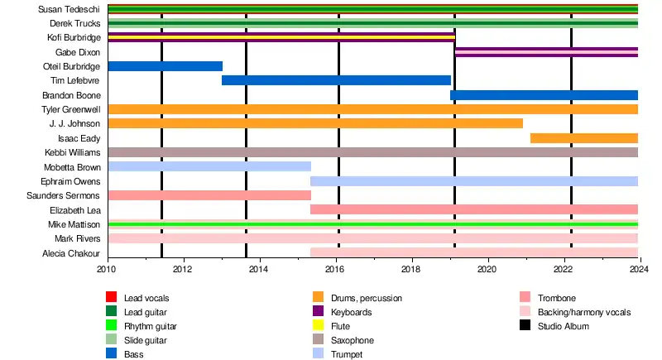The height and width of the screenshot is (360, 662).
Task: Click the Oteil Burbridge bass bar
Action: coord(165,66)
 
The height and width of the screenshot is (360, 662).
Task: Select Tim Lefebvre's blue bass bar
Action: coord(336,80)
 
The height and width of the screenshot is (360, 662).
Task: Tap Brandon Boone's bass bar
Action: coord(544,95)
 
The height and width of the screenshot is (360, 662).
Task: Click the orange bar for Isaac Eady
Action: coord(583,138)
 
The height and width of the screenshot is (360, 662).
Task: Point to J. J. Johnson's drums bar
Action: coord(315,123)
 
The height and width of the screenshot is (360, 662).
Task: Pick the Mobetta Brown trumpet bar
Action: coord(209,166)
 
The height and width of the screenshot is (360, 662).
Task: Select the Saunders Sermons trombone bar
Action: coord(209,195)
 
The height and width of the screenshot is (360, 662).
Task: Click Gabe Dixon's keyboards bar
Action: coord(546,52)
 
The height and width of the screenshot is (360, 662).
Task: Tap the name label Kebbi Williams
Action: coord(72,152)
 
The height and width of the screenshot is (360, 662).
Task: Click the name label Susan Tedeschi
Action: coord(69,9)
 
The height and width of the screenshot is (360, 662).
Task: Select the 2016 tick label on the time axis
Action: coord(335,269)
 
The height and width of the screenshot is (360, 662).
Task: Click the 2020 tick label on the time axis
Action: coord(487,269)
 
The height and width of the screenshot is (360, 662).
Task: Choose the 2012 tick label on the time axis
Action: coord(183,269)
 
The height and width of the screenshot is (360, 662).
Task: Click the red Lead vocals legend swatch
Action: coord(111,298)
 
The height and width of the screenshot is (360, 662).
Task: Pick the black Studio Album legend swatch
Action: coord(525,326)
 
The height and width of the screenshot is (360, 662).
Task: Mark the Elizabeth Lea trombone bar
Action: coord(474,209)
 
